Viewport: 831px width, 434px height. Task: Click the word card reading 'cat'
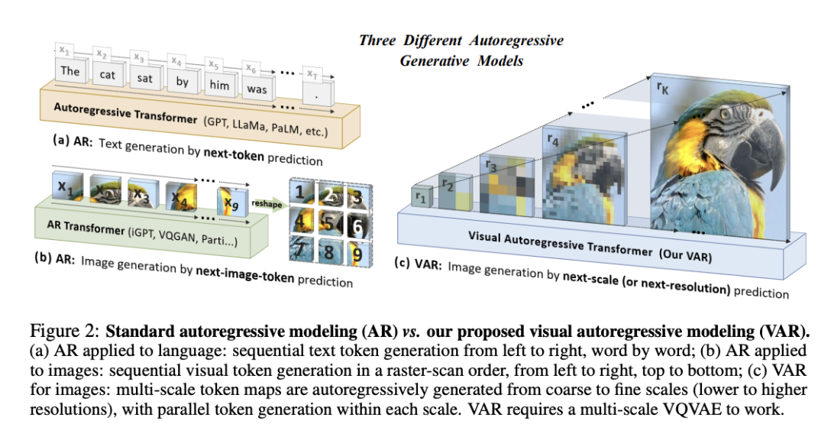[108, 76]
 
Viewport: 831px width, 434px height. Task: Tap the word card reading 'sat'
[144, 79]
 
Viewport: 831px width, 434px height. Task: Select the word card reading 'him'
[218, 86]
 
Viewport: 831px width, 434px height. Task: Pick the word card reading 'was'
[257, 89]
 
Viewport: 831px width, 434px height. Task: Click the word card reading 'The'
[70, 72]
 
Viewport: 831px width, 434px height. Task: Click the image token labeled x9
[230, 203]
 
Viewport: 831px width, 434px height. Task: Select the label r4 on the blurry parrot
[551, 141]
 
